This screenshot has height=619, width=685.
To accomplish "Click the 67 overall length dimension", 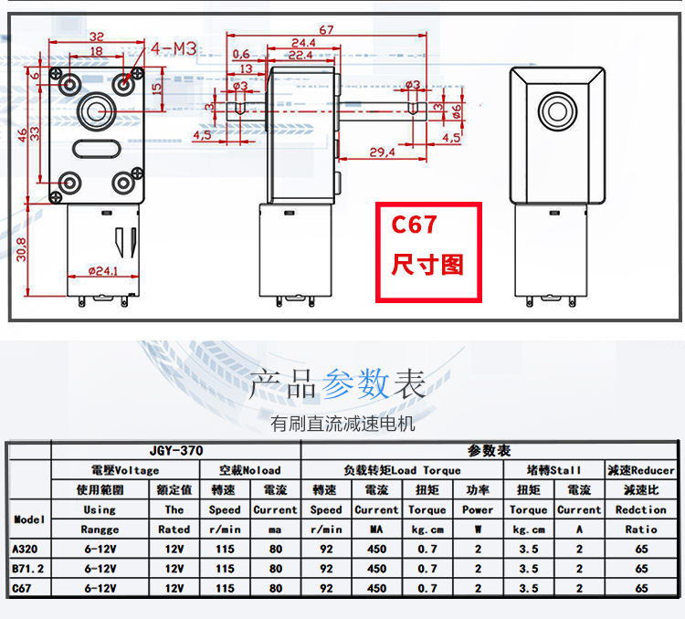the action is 326,30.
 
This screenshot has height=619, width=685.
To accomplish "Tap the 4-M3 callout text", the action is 174,48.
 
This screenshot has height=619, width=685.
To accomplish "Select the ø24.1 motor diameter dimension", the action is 103,271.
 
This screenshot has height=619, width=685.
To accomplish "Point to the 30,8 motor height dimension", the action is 21,249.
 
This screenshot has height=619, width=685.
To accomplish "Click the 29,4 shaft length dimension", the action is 382,152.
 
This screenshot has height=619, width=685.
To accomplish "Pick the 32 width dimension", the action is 97,37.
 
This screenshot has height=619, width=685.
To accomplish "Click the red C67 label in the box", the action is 414,225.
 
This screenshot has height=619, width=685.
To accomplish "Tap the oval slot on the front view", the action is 97,149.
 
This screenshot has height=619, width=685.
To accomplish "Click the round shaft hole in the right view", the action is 557,111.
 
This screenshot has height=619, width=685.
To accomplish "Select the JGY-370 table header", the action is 176,450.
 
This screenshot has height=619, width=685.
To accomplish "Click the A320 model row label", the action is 25,549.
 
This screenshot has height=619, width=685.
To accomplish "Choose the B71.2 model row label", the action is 28,568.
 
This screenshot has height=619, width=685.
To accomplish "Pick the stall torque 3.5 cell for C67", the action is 528,588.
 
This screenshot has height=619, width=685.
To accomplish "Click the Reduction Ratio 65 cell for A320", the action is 641,549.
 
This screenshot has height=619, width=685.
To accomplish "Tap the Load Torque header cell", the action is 402,470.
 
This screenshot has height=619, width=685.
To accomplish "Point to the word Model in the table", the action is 29,519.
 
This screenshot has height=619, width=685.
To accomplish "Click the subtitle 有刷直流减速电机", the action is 342,424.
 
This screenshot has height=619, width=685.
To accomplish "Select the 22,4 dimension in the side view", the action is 300,55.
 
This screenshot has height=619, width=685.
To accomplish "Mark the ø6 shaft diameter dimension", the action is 456,111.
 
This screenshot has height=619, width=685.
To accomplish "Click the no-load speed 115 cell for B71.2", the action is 225,568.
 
